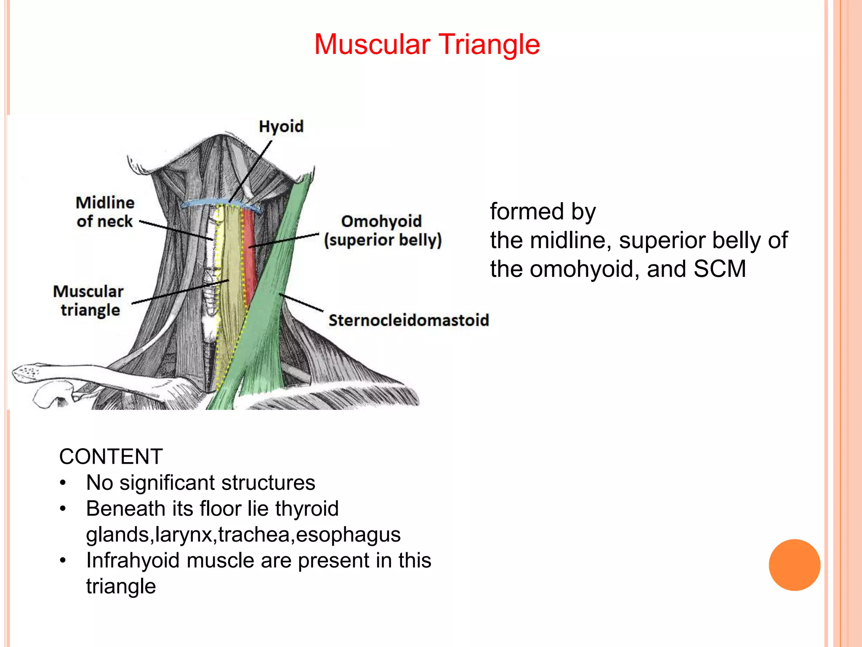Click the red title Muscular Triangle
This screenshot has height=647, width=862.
click(427, 45)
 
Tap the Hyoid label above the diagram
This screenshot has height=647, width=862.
click(281, 126)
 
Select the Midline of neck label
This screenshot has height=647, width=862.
click(105, 212)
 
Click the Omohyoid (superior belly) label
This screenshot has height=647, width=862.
click(382, 230)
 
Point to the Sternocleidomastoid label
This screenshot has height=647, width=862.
click(409, 320)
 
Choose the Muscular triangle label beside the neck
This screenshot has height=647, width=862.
click(88, 300)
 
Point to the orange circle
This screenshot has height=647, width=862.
click(794, 565)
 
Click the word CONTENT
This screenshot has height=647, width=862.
click(111, 457)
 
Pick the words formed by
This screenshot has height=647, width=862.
click(543, 211)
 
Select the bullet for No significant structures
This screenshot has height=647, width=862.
click(63, 483)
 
